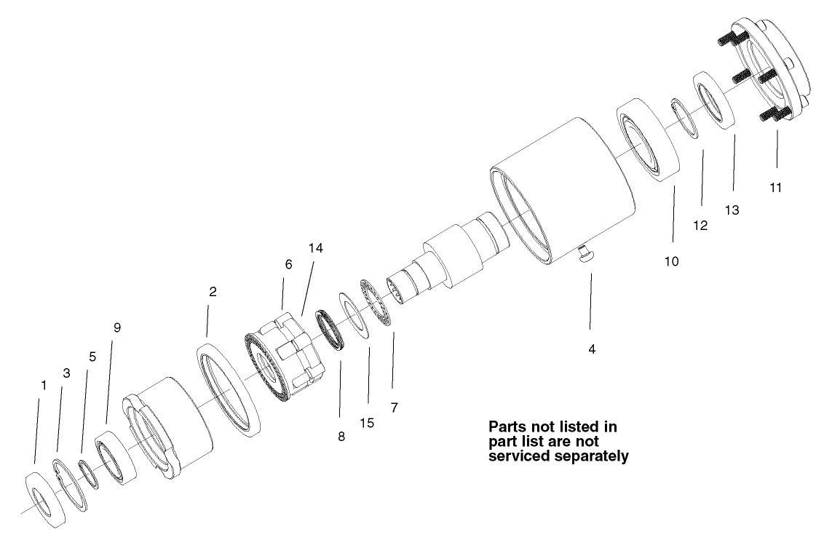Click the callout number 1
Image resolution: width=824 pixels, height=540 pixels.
point(44,386)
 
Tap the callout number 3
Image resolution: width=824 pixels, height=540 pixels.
point(66,373)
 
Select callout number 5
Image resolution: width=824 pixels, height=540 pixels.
point(92,357)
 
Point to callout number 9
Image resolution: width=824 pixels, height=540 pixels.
point(117,327)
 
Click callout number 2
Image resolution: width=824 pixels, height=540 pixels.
point(213,292)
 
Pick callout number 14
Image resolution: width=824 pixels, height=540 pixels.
point(316,248)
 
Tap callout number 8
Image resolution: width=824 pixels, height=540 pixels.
point(341,437)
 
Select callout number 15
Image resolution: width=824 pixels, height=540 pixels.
point(368,423)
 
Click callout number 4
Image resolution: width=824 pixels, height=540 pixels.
point(592,349)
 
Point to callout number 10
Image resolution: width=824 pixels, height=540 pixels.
point(672,261)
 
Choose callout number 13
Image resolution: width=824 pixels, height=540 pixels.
point(732,210)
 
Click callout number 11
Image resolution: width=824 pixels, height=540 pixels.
point(776,188)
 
